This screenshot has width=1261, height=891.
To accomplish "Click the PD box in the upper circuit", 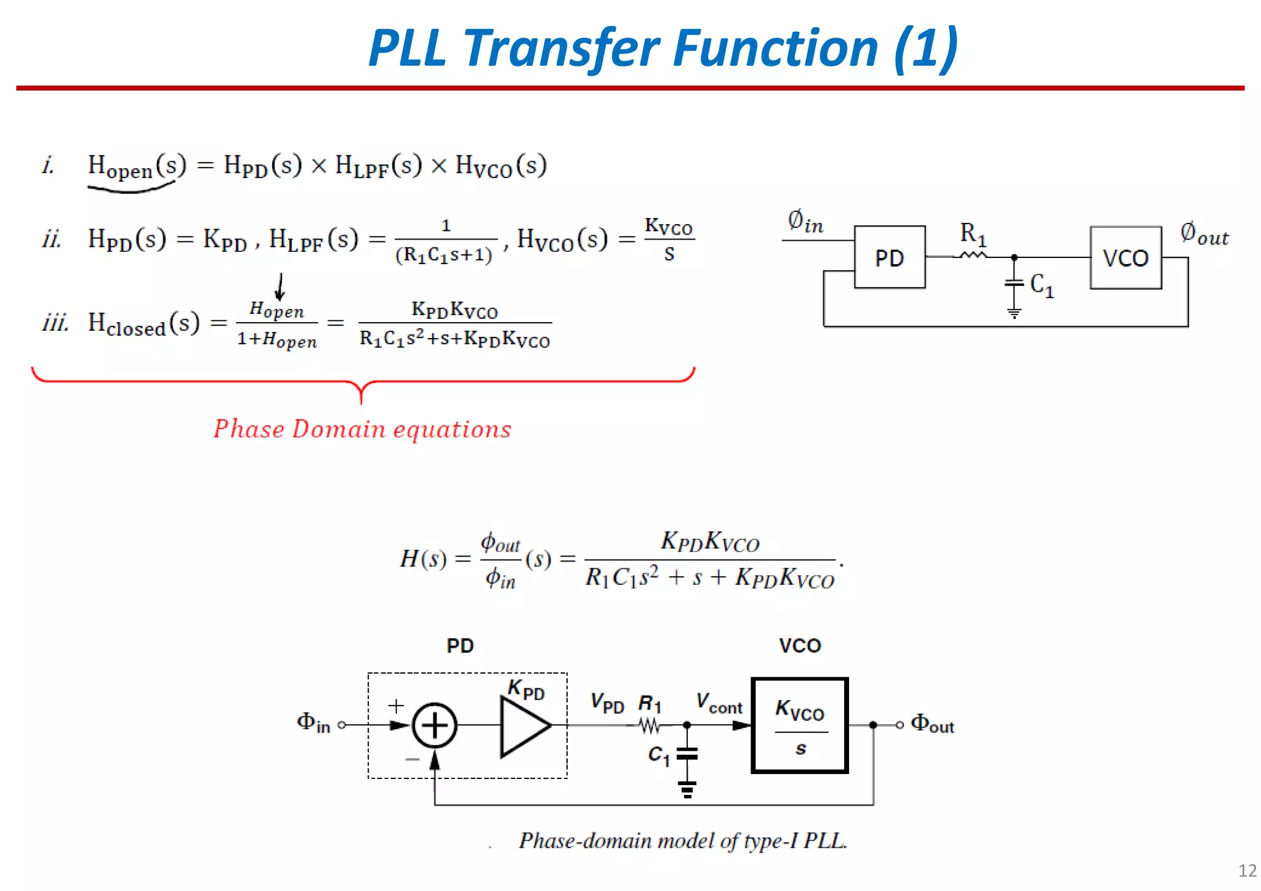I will [889, 257].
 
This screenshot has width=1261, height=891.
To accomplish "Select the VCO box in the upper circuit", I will [1125, 257].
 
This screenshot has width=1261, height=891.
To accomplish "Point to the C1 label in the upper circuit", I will [1042, 286].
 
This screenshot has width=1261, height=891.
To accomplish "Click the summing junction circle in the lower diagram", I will [434, 725].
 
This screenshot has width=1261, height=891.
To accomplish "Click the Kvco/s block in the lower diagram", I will [800, 725].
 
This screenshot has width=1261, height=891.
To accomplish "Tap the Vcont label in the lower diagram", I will [719, 703].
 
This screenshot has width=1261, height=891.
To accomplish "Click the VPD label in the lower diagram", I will [607, 703].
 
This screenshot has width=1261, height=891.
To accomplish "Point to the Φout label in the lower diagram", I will [932, 724].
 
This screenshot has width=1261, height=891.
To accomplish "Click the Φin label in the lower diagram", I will [313, 722].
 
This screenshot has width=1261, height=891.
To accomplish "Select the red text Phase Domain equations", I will [362, 429].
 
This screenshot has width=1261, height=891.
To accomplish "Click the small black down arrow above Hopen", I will [280, 286].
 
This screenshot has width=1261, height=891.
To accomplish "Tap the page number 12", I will [1247, 871].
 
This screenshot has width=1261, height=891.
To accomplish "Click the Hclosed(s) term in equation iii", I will [143, 323].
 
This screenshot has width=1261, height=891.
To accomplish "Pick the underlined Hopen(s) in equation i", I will [136, 166].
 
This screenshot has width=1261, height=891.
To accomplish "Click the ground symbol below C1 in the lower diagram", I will [687, 789].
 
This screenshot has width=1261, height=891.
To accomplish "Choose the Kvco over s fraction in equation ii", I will [669, 240].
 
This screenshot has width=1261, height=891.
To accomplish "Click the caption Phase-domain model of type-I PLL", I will [682, 841].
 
